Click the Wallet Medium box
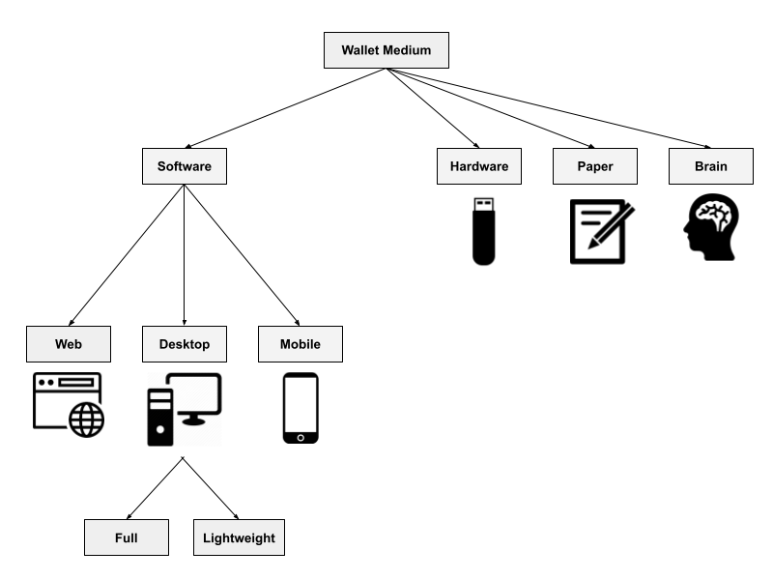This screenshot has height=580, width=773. tap(386, 50)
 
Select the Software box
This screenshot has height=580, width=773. tap(185, 166)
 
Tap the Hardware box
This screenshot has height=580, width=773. tap(479, 166)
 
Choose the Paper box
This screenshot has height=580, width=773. tap(595, 166)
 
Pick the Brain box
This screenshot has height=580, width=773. tap(711, 166)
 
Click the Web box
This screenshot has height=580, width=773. tap(69, 344)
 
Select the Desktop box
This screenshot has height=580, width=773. tap(185, 344)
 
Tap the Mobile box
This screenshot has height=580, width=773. tap(301, 344)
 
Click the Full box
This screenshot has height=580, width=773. tap(127, 537)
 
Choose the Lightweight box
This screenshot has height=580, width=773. tap(239, 537)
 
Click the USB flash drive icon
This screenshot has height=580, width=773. tap(484, 231)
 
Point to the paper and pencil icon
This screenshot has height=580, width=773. tap(602, 231)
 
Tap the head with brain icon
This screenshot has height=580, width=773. tap(711, 227)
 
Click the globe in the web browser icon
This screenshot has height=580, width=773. tap(86, 420)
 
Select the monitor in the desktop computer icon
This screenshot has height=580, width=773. tap(194, 398)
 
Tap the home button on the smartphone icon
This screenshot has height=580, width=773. tap(301, 438)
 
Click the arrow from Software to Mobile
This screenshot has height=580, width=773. tap(242, 255)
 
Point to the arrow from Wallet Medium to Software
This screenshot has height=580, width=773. tap(285, 108)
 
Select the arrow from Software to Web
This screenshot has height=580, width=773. tap(127, 255)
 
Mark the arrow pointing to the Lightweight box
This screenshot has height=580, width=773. tap(211, 488)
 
